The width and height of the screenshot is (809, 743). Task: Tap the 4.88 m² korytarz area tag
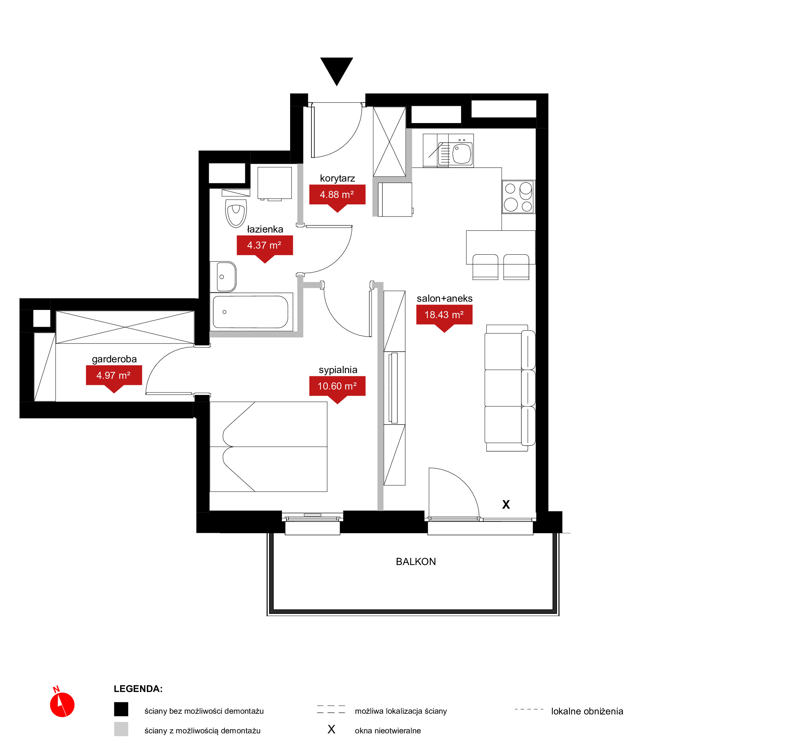pyautogui.click(x=337, y=196)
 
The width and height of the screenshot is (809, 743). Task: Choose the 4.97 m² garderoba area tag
pyautogui.click(x=114, y=377)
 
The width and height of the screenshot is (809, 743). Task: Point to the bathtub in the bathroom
pyautogui.click(x=251, y=312)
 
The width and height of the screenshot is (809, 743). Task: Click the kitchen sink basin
pyautogui.click(x=462, y=154)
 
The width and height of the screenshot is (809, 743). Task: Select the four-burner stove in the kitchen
pyautogui.click(x=518, y=197)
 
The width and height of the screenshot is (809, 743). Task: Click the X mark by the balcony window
pyautogui.click(x=506, y=505)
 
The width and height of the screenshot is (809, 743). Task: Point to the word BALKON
pyautogui.click(x=416, y=562)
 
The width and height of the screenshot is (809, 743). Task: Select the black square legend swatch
pyautogui.click(x=121, y=709)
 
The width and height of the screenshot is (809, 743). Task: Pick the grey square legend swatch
pyautogui.click(x=121, y=729)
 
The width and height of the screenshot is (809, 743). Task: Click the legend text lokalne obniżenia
pyautogui.click(x=587, y=711)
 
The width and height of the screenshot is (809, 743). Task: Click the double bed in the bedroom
pyautogui.click(x=268, y=447)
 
